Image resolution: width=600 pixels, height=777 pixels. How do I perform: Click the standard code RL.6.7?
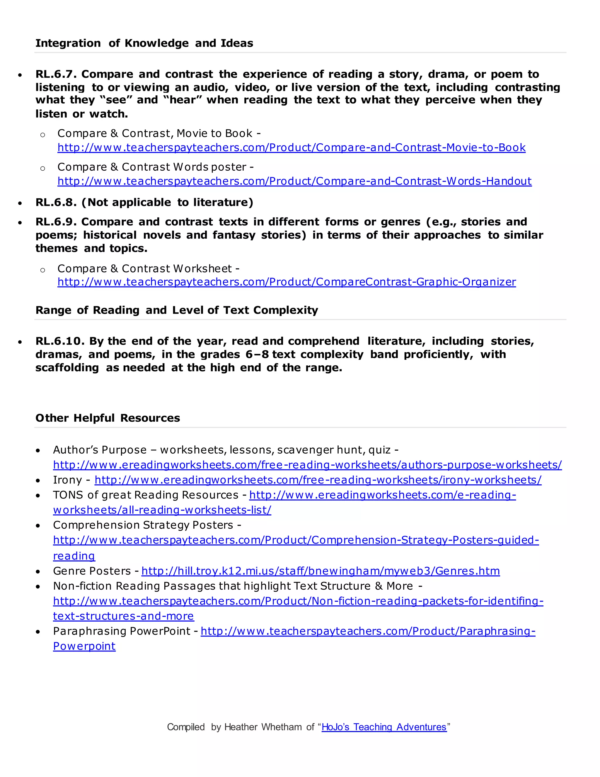[x=56, y=74]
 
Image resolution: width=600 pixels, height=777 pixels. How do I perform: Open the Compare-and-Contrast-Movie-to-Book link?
[x=291, y=148]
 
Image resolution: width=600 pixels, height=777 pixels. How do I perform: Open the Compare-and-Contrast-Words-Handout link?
[x=294, y=181]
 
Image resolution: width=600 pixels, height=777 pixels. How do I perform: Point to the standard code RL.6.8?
[x=56, y=202]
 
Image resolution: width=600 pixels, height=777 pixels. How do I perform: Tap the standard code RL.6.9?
[x=56, y=222]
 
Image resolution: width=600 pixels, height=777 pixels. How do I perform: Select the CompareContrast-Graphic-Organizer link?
[x=287, y=282]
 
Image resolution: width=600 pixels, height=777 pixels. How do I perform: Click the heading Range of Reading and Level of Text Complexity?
[x=177, y=310]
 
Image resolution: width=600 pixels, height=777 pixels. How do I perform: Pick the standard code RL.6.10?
[x=60, y=341]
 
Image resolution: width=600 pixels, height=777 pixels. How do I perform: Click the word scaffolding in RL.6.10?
[x=67, y=368]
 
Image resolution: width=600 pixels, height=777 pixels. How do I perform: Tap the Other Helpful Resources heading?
[x=108, y=418]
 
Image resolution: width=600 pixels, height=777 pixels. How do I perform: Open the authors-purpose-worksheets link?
[x=307, y=465]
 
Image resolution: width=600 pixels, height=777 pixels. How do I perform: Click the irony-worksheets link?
[x=318, y=480]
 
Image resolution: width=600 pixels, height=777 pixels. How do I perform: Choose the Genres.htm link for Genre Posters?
[x=320, y=571]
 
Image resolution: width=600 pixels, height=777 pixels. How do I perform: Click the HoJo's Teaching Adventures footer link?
[x=383, y=727]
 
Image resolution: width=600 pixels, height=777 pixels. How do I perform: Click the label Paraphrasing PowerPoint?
[x=122, y=632]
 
